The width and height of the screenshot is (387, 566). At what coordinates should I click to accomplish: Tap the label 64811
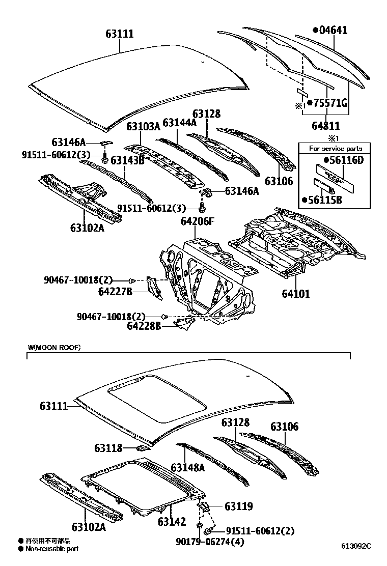tap(326, 126)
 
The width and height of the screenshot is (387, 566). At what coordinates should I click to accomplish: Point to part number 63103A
tap(143, 127)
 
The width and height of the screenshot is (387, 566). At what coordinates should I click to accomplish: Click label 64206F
tap(198, 221)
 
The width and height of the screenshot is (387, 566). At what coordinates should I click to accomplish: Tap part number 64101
tap(296, 294)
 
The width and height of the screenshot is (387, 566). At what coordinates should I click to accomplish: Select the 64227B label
tap(116, 291)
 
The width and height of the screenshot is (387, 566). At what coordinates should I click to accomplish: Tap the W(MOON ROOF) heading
tap(54, 348)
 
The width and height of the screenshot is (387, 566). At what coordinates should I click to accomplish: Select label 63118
tap(108, 448)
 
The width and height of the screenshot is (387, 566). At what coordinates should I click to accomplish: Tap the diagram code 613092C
tap(356, 546)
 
